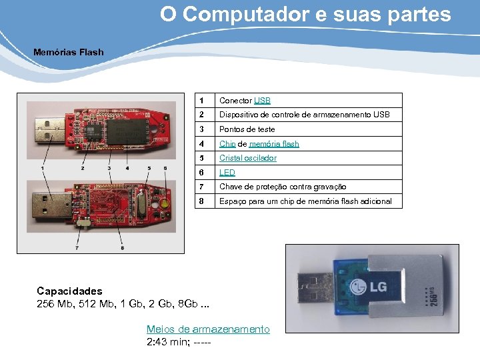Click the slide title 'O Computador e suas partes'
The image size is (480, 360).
pos(305,15)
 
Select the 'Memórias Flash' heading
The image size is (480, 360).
pos(69,51)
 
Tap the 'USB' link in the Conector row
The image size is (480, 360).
pos(262,101)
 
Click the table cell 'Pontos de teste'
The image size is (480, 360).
pos(247,129)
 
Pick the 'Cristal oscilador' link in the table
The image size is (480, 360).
pos(248,158)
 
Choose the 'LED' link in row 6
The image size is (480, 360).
pos(227,173)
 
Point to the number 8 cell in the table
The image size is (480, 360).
pos(201,201)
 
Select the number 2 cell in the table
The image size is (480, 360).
pos(201,115)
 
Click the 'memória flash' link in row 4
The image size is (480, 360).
pos(274,144)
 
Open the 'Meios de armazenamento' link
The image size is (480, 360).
pos(208,329)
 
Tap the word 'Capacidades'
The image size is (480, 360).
pos(69,291)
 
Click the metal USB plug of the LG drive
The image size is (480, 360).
pos(311,289)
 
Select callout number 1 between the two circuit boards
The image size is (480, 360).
pos(43,168)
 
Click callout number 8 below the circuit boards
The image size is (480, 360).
pos(123,247)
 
